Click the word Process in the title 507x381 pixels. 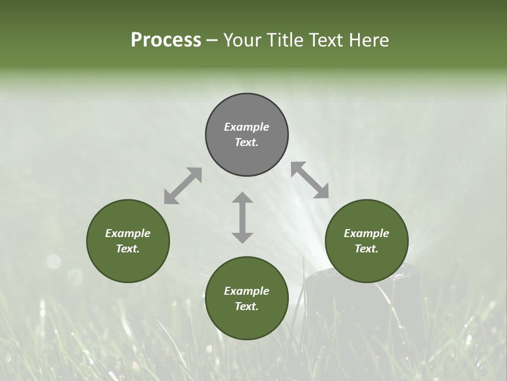[x=166, y=40]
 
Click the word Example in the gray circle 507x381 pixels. [x=247, y=127]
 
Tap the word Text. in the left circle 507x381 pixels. [x=128, y=249]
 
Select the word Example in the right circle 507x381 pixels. [x=367, y=233]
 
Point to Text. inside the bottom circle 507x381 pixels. [x=247, y=306]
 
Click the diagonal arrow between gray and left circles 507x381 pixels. [x=183, y=186]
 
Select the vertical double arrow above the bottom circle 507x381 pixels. [x=242, y=217]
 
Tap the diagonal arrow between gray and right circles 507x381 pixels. [x=310, y=180]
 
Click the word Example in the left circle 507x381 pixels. [x=128, y=233]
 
